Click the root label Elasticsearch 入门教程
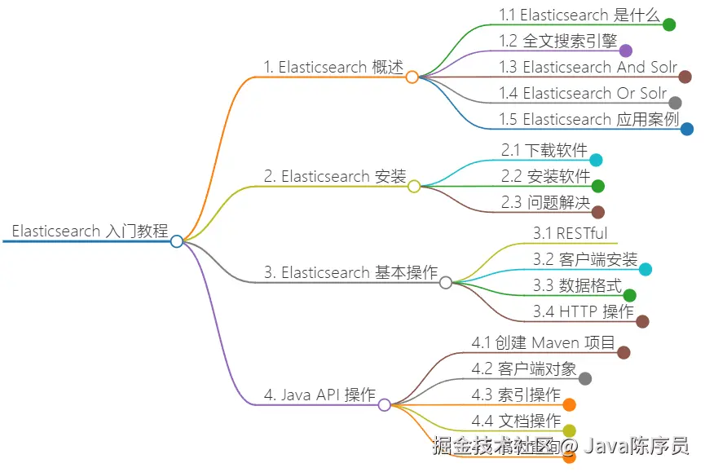point(90,231)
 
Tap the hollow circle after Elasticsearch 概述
point(412,77)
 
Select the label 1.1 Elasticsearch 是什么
point(577,15)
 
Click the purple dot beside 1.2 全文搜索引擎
point(626,51)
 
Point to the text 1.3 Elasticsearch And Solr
point(588,67)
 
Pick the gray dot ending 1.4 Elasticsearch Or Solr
point(675,103)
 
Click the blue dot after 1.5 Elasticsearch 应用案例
point(687,129)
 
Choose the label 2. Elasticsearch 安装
point(335,176)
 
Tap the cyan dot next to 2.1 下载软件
point(596,161)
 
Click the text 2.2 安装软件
point(546,176)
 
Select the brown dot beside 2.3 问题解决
point(598,212)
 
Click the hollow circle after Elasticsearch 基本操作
point(446,283)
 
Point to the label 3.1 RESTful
point(571,233)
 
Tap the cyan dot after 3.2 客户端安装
point(645,270)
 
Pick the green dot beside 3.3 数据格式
point(629,295)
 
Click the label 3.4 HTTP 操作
point(584,311)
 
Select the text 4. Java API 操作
point(319,395)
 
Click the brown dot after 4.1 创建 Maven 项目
point(623,352)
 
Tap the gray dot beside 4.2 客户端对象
point(584,378)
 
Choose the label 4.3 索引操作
point(516,395)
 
